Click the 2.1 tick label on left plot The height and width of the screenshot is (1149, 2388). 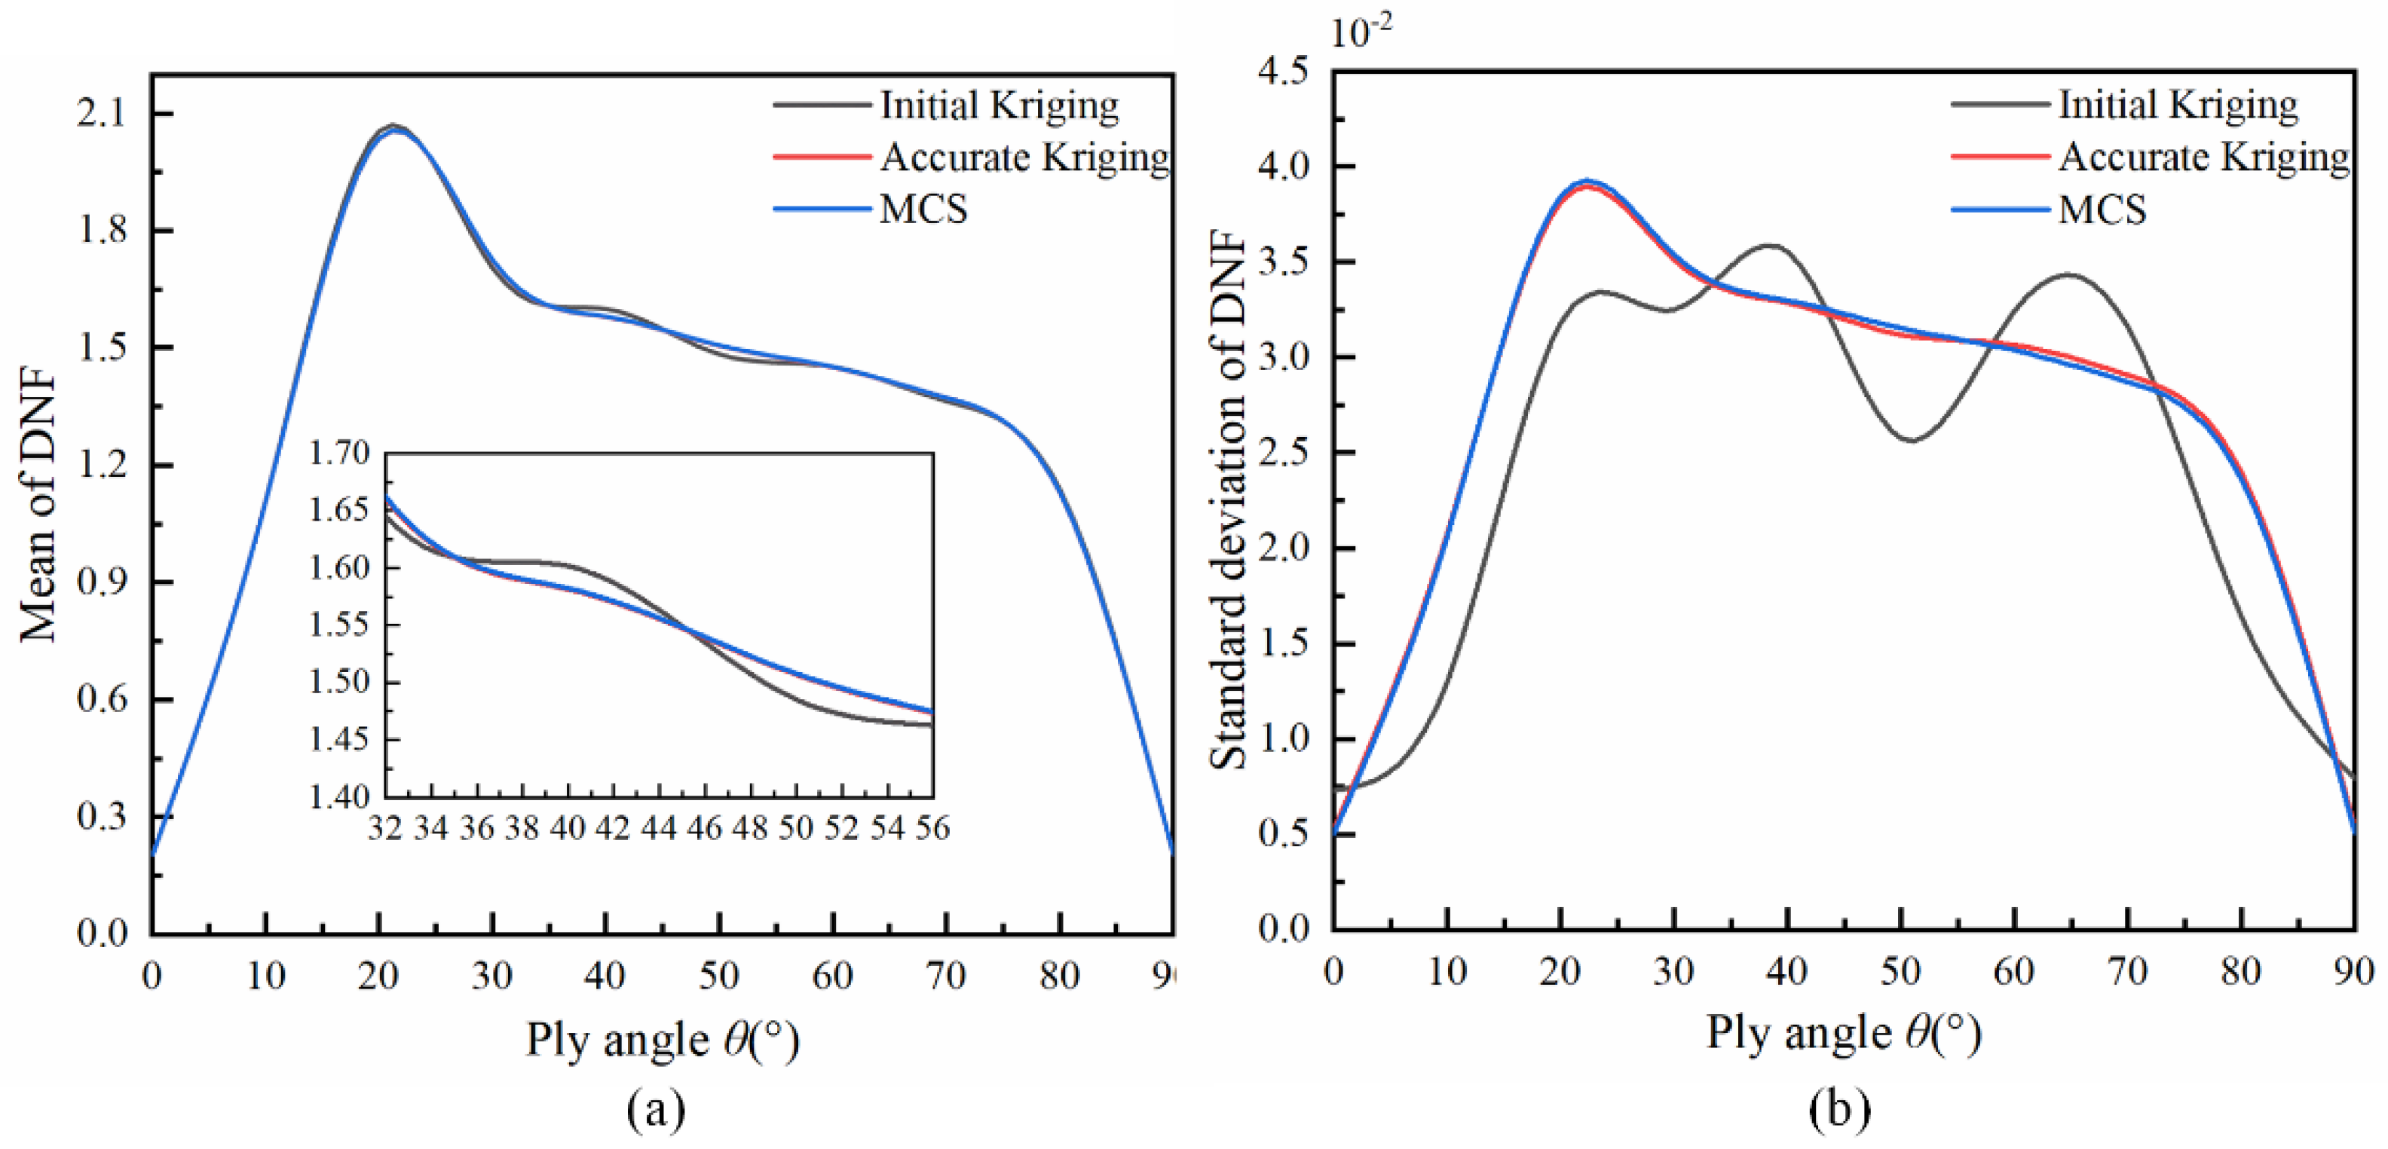[x=101, y=114]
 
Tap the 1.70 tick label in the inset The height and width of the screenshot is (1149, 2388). [x=339, y=453]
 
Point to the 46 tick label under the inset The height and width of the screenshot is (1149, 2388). [x=705, y=827]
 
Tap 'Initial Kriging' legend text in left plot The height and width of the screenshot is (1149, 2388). [x=1000, y=105]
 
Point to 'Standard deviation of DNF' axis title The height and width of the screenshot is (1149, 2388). [x=1229, y=500]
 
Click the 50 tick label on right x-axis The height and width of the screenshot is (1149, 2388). [x=1900, y=971]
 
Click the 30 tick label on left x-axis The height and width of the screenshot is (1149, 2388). [x=492, y=975]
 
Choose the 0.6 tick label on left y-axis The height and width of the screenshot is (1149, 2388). [x=101, y=698]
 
